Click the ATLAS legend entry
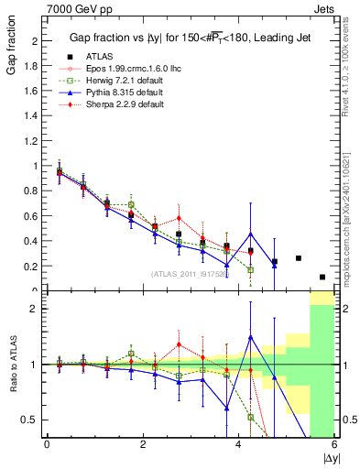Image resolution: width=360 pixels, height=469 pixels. coord(92,56)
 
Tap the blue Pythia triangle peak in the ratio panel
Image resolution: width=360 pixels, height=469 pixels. coord(250,337)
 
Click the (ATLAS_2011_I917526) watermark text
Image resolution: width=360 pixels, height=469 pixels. coord(184,273)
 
